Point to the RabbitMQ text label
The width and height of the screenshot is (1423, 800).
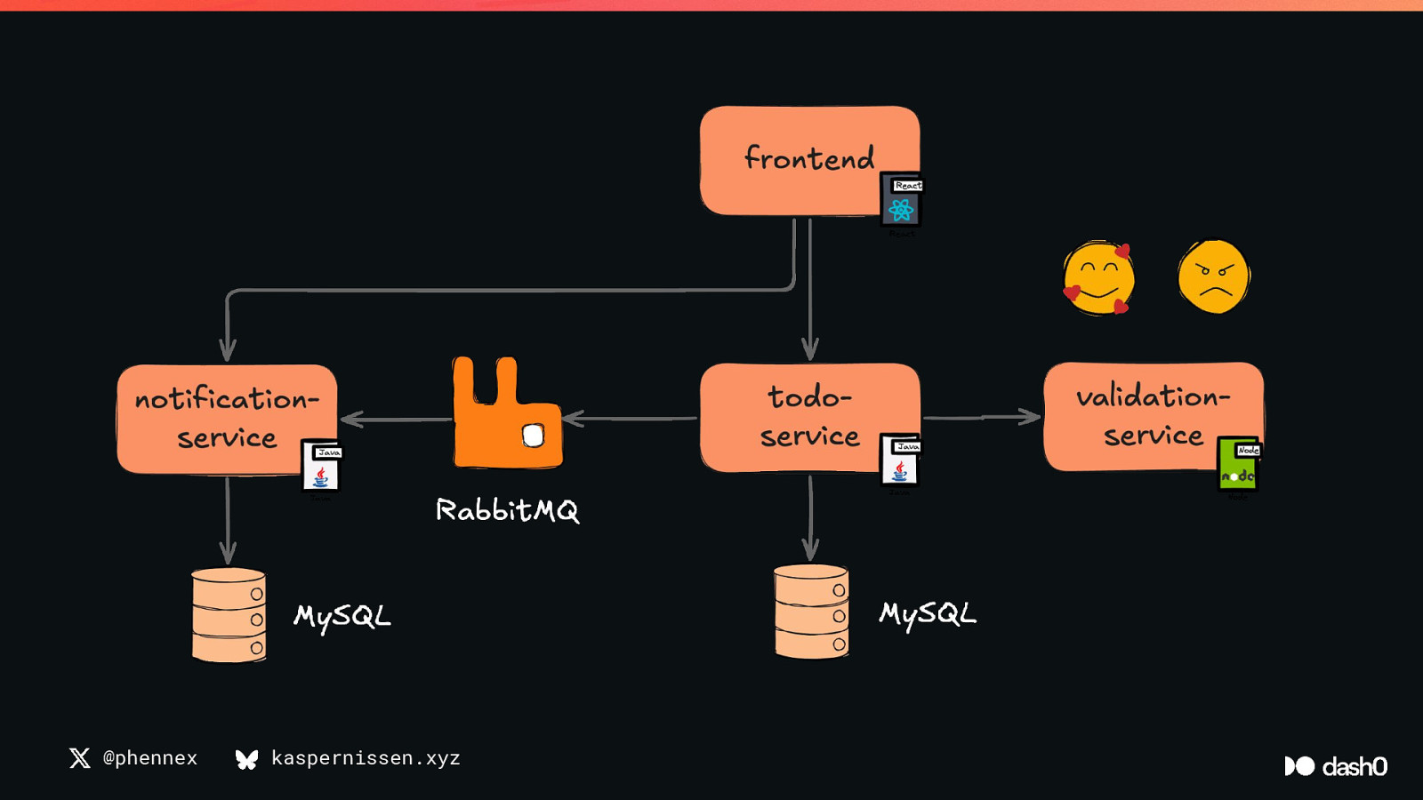click(507, 510)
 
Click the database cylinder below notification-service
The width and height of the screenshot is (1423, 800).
click(229, 615)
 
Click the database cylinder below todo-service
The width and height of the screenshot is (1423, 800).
click(811, 612)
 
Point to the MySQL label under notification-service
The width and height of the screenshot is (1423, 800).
click(342, 616)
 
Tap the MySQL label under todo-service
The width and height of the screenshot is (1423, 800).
click(928, 613)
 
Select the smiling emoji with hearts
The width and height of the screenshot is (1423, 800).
click(1098, 277)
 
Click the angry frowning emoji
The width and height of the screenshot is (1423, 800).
click(1214, 276)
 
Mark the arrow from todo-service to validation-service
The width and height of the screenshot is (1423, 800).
click(982, 417)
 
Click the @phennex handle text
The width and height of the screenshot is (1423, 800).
click(149, 758)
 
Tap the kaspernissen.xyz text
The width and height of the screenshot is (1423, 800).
click(366, 758)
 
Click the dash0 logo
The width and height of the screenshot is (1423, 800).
click(1336, 766)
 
